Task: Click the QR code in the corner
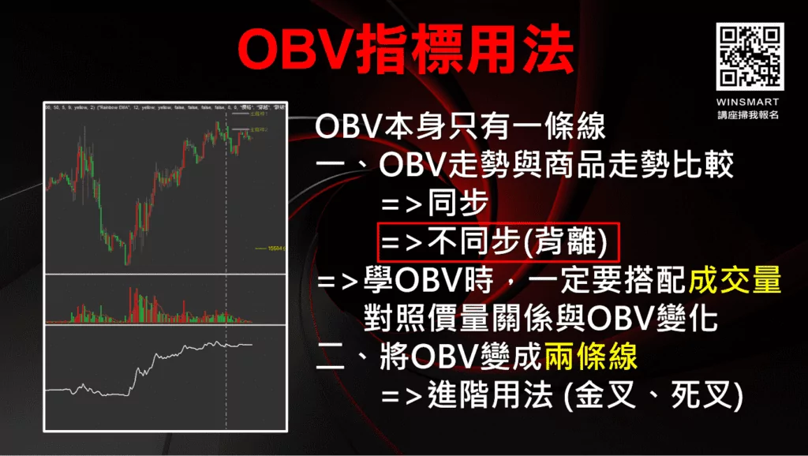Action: [750, 56]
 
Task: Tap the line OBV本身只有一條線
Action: [459, 126]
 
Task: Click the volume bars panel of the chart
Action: [150, 304]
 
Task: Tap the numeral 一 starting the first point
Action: [332, 165]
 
